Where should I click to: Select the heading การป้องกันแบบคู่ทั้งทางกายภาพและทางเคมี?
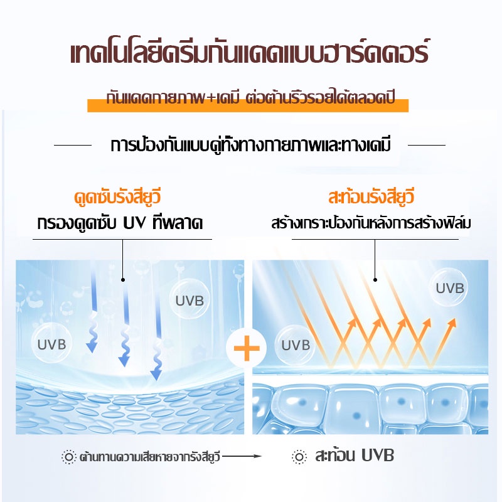click(250, 146)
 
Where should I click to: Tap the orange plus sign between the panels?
click(246, 349)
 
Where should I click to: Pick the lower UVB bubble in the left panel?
click(51, 344)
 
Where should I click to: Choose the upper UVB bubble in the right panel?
click(450, 288)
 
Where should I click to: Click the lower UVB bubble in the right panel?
click(296, 344)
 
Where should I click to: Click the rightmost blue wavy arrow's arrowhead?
click(156, 375)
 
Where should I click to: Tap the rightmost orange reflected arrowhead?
click(451, 323)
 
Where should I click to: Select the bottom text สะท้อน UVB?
click(354, 456)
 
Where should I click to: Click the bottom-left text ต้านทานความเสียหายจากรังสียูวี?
click(149, 456)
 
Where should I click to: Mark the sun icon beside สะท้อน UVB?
click(300, 456)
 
